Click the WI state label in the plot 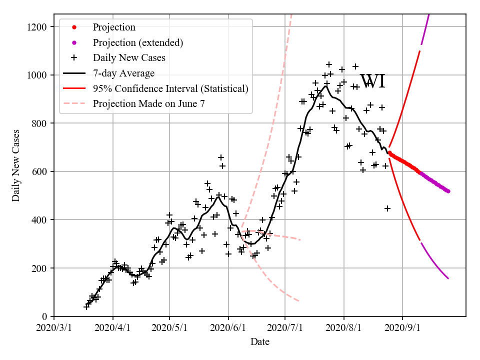click(373, 81)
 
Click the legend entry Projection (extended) click(137, 42)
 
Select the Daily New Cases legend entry click(129, 58)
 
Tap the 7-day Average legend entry click(123, 73)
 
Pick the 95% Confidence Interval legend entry click(170, 89)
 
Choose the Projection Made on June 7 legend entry click(148, 104)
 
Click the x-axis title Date click(260, 342)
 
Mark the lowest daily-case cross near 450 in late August click(387, 208)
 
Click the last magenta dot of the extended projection click(448, 191)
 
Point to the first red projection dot click(389, 153)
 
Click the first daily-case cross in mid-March click(86, 307)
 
